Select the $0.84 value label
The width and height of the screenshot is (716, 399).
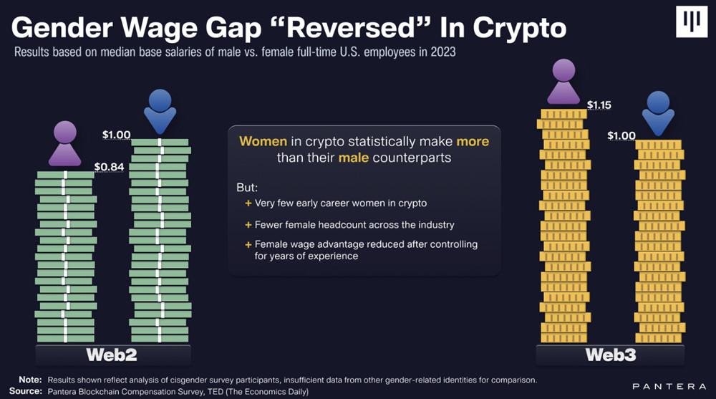(x=110, y=167)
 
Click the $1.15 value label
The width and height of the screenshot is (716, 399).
(x=599, y=105)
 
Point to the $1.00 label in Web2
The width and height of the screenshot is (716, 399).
(x=116, y=134)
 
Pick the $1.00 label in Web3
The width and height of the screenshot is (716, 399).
(x=621, y=135)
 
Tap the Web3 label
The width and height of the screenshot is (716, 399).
(x=610, y=355)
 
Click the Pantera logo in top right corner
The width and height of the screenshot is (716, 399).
(x=691, y=23)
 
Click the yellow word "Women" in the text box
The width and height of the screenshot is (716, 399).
(x=263, y=141)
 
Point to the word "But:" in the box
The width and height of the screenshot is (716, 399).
(x=247, y=188)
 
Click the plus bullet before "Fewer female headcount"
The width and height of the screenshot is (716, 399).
(x=248, y=225)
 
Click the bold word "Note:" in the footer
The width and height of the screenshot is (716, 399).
(x=29, y=380)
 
